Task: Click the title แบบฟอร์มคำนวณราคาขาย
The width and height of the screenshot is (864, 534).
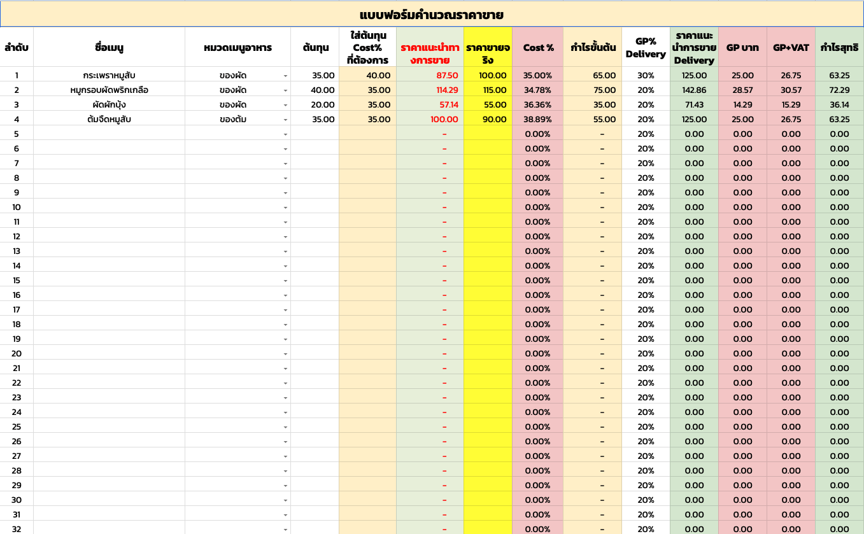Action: coord(432,14)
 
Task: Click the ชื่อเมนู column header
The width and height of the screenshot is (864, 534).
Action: coord(109,47)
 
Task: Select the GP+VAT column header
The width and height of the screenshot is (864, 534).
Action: coord(791,47)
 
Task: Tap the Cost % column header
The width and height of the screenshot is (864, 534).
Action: coord(538,47)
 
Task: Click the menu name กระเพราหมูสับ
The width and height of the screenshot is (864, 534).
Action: coord(109,75)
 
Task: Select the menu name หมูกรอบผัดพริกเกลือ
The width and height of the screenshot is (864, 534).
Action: coord(109,90)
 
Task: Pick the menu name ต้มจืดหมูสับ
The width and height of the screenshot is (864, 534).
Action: coord(109,119)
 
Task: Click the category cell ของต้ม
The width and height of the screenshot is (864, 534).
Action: coord(233,119)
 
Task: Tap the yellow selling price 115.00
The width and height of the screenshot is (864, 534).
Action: coord(494,90)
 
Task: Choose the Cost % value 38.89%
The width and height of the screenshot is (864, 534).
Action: coord(537,119)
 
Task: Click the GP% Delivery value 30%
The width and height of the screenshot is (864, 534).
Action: coord(646,75)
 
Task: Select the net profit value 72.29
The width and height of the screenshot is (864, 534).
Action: coord(839,90)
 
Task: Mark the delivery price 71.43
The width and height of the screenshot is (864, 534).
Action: coord(694,104)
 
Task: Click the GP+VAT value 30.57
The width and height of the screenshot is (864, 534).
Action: coord(791,90)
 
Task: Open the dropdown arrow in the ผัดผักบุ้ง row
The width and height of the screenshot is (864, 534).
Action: coord(285,105)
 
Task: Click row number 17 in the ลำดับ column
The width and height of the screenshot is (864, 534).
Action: coord(17,309)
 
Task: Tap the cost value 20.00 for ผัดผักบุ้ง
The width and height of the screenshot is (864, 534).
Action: coord(323,104)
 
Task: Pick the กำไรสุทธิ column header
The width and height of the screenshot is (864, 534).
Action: coord(839,47)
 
